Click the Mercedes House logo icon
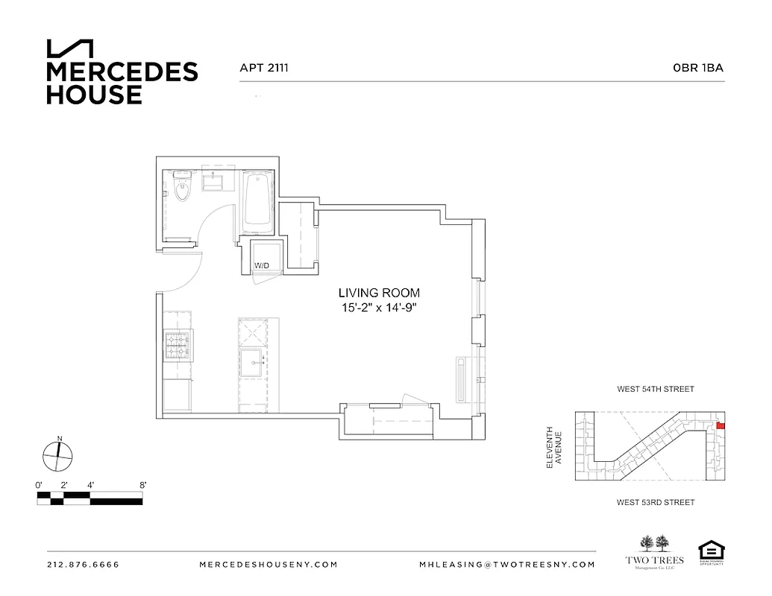(x=70, y=48)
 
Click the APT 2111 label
(x=263, y=68)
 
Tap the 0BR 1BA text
(x=698, y=68)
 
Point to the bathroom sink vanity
(x=218, y=183)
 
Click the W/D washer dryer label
(x=262, y=265)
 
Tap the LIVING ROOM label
(x=379, y=293)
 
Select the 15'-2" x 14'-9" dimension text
(x=379, y=308)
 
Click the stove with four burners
(x=178, y=346)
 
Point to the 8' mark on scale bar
(x=142, y=485)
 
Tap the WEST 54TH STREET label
(x=655, y=389)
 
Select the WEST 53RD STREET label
(x=655, y=502)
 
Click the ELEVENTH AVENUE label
(x=553, y=447)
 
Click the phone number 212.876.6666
(x=83, y=565)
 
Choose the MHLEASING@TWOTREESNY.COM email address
(x=507, y=565)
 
